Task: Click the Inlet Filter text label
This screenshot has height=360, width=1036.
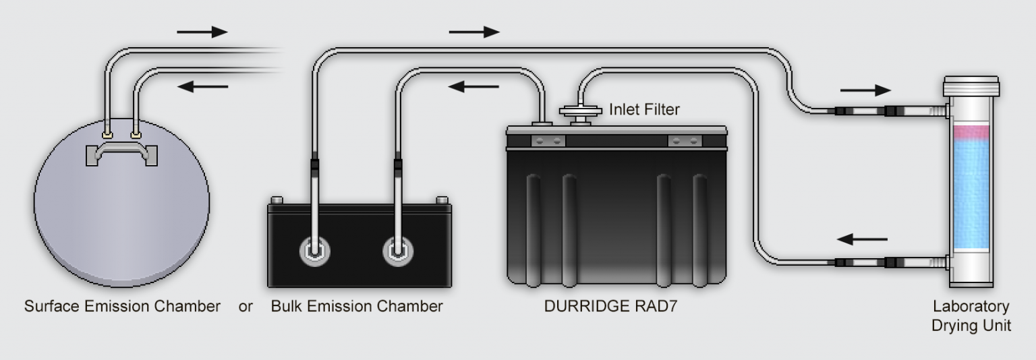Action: [x=644, y=108]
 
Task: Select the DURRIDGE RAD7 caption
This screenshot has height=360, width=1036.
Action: [x=611, y=307]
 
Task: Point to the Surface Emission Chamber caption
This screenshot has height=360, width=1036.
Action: [x=122, y=307]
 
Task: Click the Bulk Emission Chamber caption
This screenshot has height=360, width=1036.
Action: [x=357, y=307]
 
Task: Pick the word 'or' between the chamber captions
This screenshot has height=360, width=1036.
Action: [x=246, y=307]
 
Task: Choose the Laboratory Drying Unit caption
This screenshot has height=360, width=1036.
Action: [x=971, y=316]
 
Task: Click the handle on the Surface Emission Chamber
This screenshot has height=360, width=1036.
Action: [x=123, y=154]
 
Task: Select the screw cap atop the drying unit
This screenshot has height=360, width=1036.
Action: [x=971, y=86]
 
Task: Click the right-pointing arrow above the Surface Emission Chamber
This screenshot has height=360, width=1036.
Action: [x=202, y=32]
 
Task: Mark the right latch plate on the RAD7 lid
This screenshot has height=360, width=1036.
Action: [x=685, y=141]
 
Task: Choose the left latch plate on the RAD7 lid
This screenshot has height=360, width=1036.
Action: [x=547, y=141]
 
